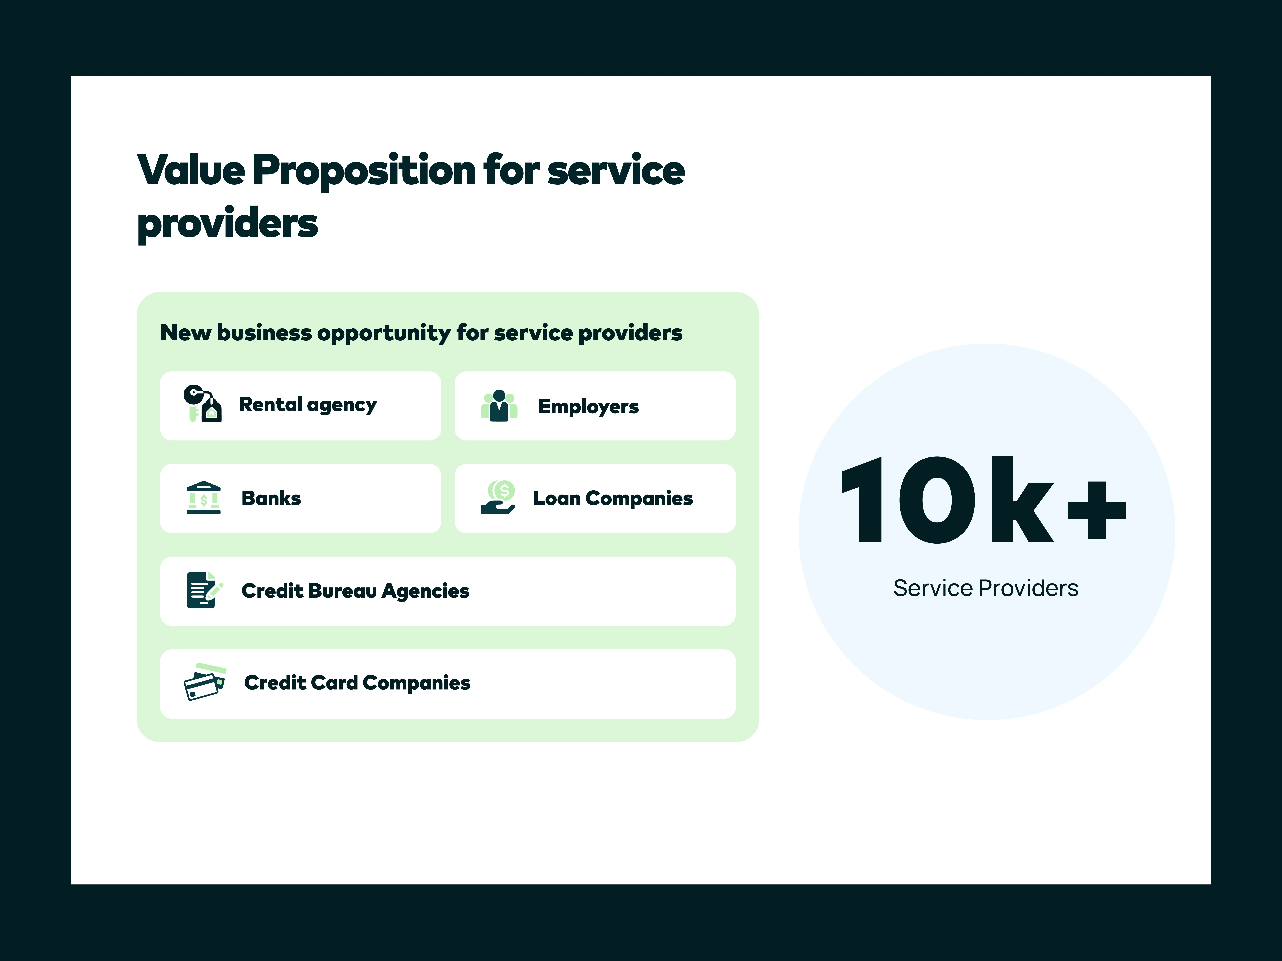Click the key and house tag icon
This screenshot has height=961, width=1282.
pyautogui.click(x=202, y=404)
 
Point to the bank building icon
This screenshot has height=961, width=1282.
pyautogui.click(x=204, y=498)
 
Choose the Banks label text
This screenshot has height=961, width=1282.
pyautogui.click(x=271, y=498)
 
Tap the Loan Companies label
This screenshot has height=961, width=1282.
pyautogui.click(x=613, y=498)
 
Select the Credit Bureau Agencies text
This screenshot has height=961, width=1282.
pyautogui.click(x=355, y=591)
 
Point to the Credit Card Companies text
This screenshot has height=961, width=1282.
pyautogui.click(x=357, y=683)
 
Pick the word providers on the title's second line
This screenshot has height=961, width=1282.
pyautogui.click(x=228, y=224)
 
